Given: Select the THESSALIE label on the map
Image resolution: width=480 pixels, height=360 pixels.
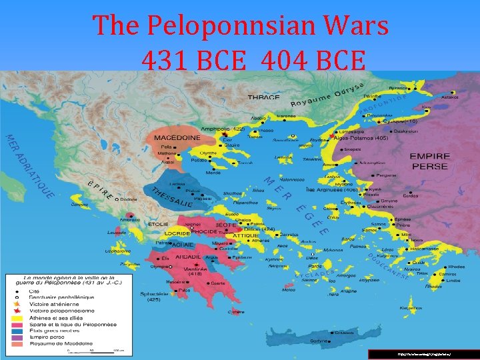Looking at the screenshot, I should click(x=173, y=196).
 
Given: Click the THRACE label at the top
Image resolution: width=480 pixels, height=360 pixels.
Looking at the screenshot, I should click(x=264, y=97).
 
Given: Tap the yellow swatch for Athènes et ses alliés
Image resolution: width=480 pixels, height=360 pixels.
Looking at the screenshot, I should click(x=17, y=319).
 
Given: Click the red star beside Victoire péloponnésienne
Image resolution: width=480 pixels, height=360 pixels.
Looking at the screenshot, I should click(x=17, y=311).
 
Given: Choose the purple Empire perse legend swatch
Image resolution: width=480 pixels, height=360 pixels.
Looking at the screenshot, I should click(x=17, y=339).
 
